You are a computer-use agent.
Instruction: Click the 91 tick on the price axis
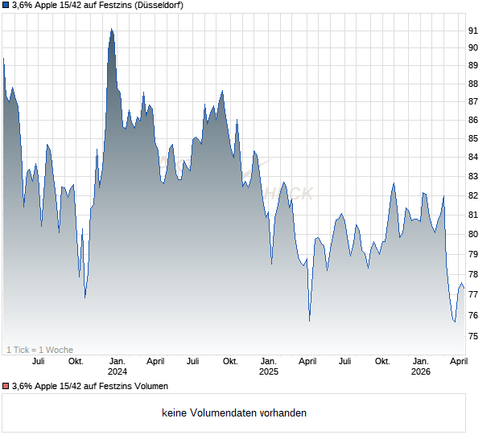[473, 31]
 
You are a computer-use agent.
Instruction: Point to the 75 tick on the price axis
[473, 337]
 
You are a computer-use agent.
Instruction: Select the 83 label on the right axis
[473, 177]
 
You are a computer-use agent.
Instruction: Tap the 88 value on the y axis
[473, 84]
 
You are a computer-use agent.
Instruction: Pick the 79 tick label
[473, 254]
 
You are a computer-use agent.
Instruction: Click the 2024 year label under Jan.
[118, 371]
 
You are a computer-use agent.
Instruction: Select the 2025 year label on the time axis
[268, 371]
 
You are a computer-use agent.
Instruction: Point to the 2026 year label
[420, 371]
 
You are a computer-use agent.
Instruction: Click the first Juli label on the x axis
[38, 361]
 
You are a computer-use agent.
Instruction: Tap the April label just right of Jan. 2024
[155, 361]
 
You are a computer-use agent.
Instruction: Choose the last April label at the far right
[457, 361]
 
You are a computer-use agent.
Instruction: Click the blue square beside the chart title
[6, 6]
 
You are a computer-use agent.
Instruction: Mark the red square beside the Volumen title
[6, 387]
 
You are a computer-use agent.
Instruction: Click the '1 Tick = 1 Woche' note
[39, 350]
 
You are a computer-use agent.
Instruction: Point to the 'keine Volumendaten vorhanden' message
[234, 413]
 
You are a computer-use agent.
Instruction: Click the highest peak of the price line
[111, 29]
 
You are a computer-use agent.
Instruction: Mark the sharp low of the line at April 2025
[310, 321]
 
